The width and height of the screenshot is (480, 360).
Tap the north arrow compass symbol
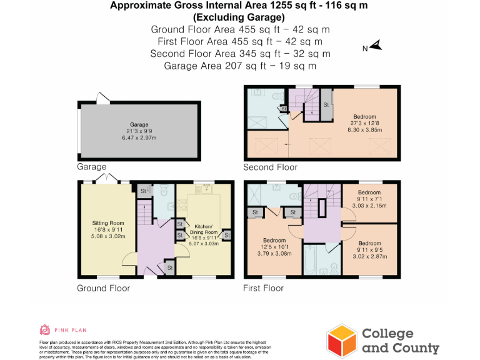click(375, 46)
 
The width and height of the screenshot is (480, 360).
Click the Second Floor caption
click(270, 167)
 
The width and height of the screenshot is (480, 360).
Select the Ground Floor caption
click(104, 288)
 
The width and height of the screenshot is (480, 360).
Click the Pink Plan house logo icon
click(45, 329)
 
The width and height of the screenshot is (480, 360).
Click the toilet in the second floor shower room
click(275, 96)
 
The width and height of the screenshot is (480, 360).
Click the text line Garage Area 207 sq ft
click(240, 66)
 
